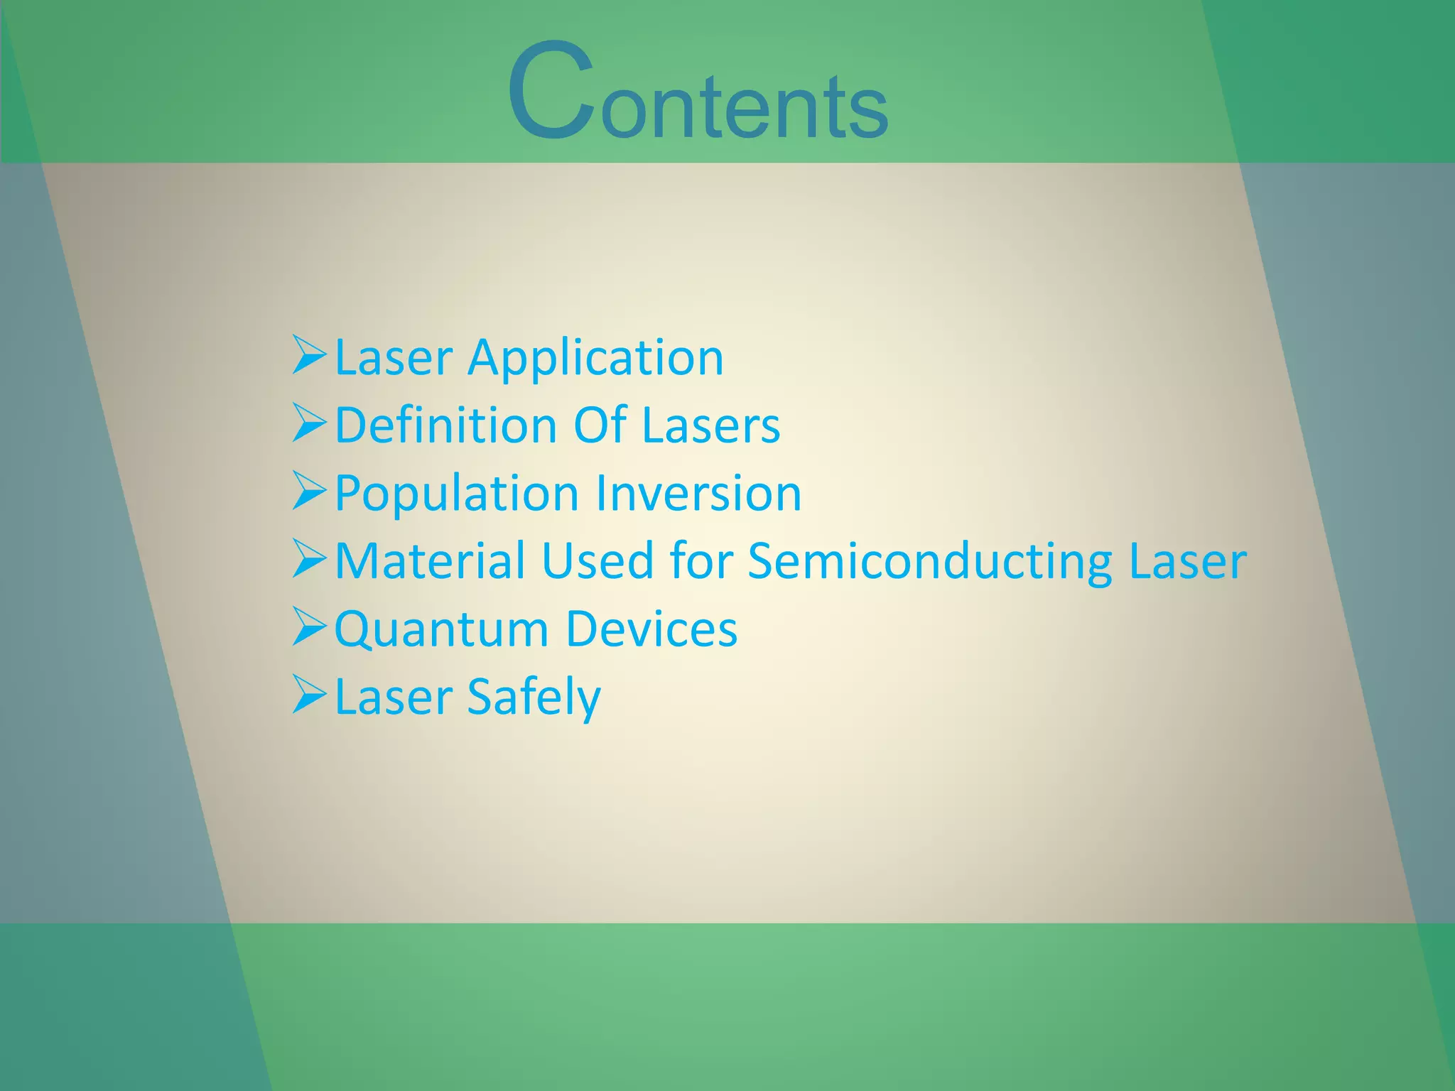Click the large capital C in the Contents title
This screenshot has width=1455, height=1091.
coord(551,91)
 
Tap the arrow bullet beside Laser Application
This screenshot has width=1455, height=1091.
coord(309,355)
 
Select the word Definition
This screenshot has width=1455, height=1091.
coord(445,425)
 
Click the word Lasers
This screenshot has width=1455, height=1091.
coord(710,425)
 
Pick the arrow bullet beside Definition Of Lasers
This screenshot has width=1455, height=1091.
coord(309,423)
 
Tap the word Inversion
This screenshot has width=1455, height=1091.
coord(698,494)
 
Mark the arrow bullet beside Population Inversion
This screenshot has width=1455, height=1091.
coord(309,492)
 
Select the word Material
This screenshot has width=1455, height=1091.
coord(430,561)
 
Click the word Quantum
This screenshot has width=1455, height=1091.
coord(442,630)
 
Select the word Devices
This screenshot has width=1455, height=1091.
coord(651,629)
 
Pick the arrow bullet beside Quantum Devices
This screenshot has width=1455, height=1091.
coord(309,627)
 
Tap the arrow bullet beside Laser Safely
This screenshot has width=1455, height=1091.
coord(309,695)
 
